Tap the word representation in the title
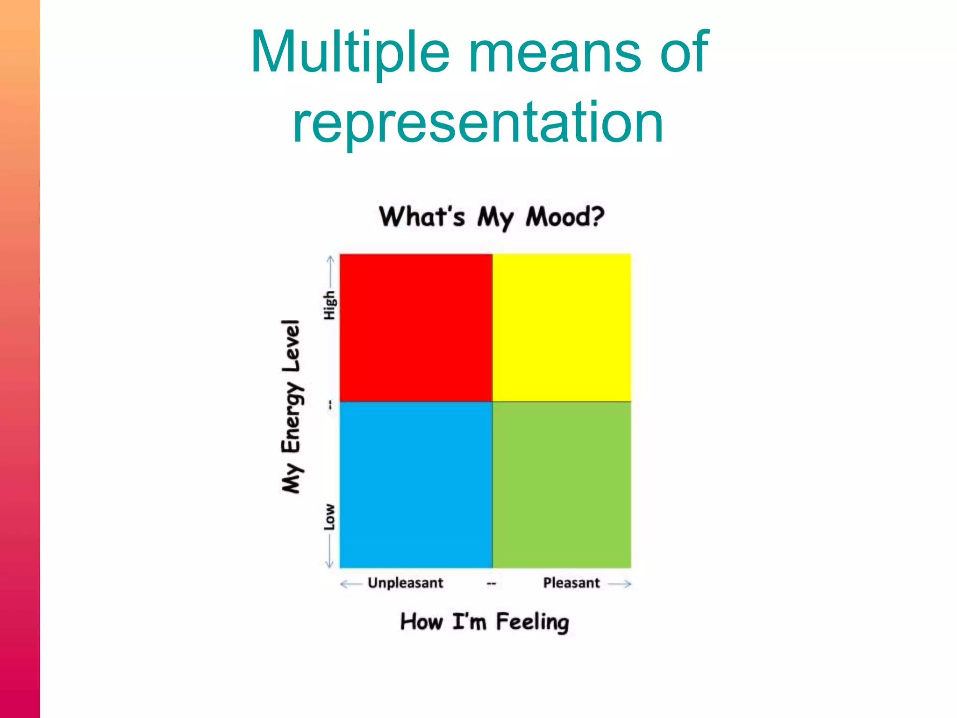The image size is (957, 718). [x=478, y=122]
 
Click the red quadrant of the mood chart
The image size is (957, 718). [x=416, y=327]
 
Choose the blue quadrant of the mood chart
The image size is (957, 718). [x=416, y=484]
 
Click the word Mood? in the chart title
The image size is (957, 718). [x=564, y=217]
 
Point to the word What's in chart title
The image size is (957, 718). [x=421, y=217]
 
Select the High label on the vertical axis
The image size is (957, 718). [x=329, y=305]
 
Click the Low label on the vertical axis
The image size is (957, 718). [x=329, y=517]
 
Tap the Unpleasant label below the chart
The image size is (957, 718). [x=405, y=583]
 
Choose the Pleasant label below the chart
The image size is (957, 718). [x=571, y=583]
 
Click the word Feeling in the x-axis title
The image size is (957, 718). [x=532, y=622]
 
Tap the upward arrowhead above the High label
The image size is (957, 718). [x=330, y=258]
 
